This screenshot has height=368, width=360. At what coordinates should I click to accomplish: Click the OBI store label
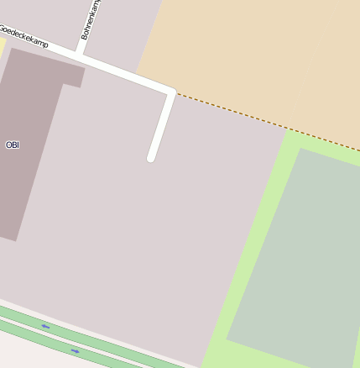pyautogui.click(x=12, y=145)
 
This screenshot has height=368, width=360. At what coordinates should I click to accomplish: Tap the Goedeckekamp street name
pyautogui.click(x=23, y=36)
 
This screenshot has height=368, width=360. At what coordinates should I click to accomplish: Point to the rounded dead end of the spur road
pyautogui.click(x=152, y=157)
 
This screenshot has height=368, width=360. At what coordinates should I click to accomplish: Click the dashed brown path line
pyautogui.click(x=269, y=123)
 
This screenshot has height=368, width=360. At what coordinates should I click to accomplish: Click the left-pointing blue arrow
pyautogui.click(x=45, y=326)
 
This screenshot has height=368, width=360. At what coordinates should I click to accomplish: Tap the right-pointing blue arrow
pyautogui.click(x=75, y=350)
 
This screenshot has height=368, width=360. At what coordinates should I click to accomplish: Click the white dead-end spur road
pyautogui.click(x=161, y=126)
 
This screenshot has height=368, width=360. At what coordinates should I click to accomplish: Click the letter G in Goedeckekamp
pyautogui.click(x=3, y=28)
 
